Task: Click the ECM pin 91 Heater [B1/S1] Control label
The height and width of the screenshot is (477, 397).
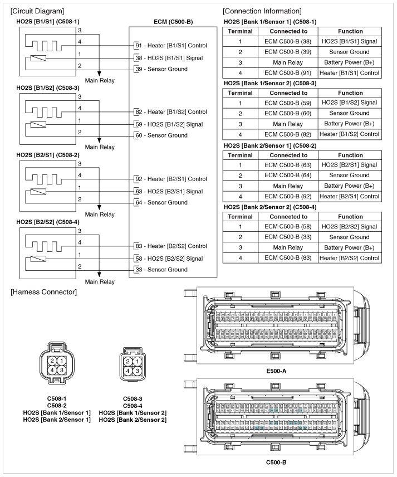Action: pyautogui.click(x=171, y=46)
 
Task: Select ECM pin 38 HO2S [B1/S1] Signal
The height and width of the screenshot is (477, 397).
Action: pyautogui.click(x=169, y=58)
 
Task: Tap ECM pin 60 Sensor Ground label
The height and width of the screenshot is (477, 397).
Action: pyautogui.click(x=161, y=135)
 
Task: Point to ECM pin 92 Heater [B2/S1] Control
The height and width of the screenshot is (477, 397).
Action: pyautogui.click(x=171, y=179)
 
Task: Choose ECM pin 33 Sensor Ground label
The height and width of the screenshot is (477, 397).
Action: pyautogui.click(x=161, y=270)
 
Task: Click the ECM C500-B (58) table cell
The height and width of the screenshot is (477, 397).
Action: pyautogui.click(x=288, y=227)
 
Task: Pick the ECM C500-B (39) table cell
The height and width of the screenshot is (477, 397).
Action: pyautogui.click(x=288, y=52)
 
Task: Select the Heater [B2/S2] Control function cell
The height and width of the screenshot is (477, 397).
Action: pyautogui.click(x=350, y=258)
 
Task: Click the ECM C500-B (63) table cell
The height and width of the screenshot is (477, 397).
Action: pyautogui.click(x=288, y=165)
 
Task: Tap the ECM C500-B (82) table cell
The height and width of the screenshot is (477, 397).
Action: pyautogui.click(x=288, y=134)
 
